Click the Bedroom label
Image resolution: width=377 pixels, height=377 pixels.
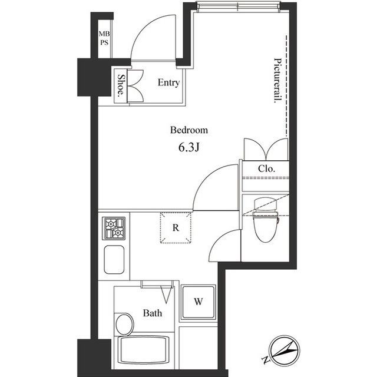pyautogui.click(x=189, y=130)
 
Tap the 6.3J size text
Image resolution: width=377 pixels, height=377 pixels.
pyautogui.click(x=190, y=147)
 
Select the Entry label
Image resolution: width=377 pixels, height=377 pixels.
pyautogui.click(x=168, y=83)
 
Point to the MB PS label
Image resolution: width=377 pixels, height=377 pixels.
pyautogui.click(x=104, y=38)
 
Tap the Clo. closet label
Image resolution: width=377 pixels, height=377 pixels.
pyautogui.click(x=266, y=168)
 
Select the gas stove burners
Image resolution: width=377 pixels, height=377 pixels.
pyautogui.click(x=114, y=227)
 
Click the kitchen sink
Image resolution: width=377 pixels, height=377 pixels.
pyautogui.click(x=114, y=260)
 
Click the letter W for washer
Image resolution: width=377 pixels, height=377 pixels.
pyautogui.click(x=199, y=302)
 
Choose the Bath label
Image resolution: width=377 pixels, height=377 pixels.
pyautogui.click(x=153, y=313)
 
